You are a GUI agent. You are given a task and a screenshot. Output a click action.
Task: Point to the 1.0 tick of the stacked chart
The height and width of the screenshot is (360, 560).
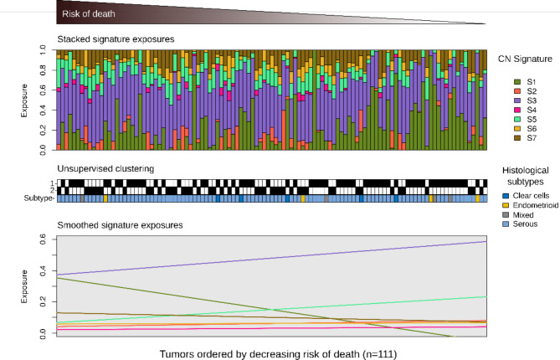tap(46, 50)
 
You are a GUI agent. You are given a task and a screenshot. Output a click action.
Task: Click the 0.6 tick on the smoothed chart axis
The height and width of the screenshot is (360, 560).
tap(46, 239)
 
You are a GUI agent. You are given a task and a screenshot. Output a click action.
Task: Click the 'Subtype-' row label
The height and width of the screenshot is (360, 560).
tap(40, 198)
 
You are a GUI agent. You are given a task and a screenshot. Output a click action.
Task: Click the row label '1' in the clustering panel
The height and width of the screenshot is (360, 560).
tap(50, 183)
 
